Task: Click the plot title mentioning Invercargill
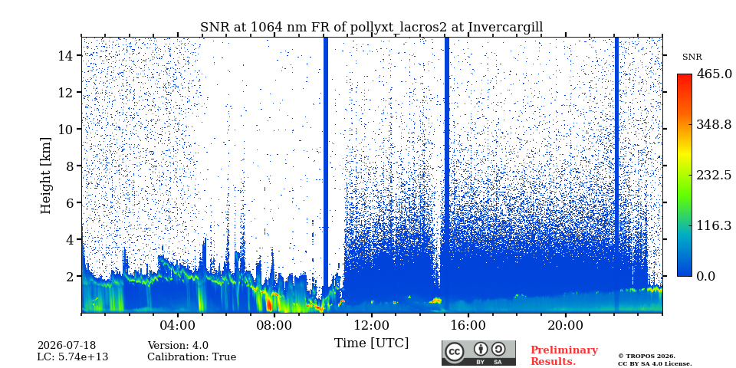click(371, 28)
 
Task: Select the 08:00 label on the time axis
click(274, 326)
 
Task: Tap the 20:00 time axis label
click(566, 326)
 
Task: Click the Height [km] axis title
click(45, 176)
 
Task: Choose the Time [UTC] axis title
click(371, 343)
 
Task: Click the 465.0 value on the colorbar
click(714, 74)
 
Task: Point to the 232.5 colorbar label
click(714, 175)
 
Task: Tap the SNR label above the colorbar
click(692, 58)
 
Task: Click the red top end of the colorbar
click(685, 76)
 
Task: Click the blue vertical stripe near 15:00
click(447, 174)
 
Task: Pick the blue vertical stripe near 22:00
click(616, 174)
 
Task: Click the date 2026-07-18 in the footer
click(67, 346)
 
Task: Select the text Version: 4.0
click(178, 346)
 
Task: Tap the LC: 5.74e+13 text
click(73, 357)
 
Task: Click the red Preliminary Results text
click(564, 355)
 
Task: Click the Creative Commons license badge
click(478, 353)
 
